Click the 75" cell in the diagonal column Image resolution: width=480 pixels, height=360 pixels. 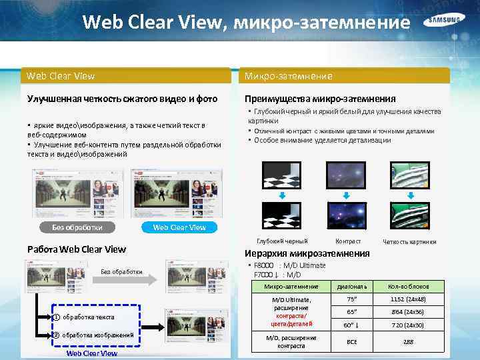click(x=352, y=299)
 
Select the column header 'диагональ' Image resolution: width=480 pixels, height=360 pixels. click(x=352, y=287)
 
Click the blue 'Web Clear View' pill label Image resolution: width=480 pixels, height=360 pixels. click(x=179, y=227)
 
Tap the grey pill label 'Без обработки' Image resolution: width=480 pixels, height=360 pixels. click(x=77, y=227)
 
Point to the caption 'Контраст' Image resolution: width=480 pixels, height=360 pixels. click(x=348, y=241)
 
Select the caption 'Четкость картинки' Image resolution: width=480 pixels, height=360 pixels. click(x=409, y=241)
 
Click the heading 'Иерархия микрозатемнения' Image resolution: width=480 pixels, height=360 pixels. click(x=307, y=253)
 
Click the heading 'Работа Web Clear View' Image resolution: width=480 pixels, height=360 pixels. click(x=76, y=249)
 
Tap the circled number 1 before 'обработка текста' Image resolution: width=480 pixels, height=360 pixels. click(x=57, y=317)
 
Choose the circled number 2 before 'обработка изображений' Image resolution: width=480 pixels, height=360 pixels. click(x=57, y=335)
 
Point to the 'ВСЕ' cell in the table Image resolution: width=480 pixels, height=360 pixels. click(x=352, y=341)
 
